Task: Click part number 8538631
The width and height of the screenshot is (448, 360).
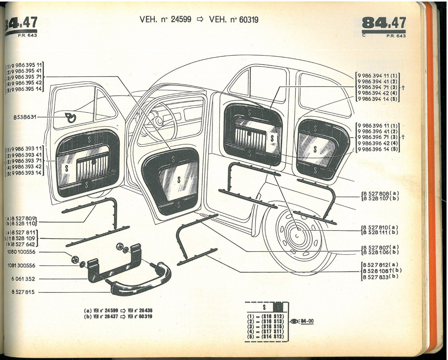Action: pyautogui.click(x=25, y=117)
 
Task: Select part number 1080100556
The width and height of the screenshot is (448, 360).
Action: pyautogui.click(x=21, y=252)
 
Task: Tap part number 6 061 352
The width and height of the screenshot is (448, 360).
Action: pyautogui.click(x=23, y=279)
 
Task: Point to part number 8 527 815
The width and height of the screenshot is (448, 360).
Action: pyautogui.click(x=23, y=292)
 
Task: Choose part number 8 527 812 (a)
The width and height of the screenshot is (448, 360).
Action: pyautogui.click(x=380, y=265)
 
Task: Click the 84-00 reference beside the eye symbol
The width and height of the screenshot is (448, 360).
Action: pyautogui.click(x=307, y=321)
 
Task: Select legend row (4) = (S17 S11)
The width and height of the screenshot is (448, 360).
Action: pyautogui.click(x=265, y=331)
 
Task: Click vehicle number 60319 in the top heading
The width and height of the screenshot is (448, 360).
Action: pyautogui.click(x=249, y=20)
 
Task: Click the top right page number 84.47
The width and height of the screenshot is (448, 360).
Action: pyautogui.click(x=384, y=23)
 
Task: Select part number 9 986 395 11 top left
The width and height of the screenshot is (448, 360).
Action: pyautogui.click(x=24, y=65)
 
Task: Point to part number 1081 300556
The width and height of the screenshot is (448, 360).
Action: pyautogui.click(x=21, y=266)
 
